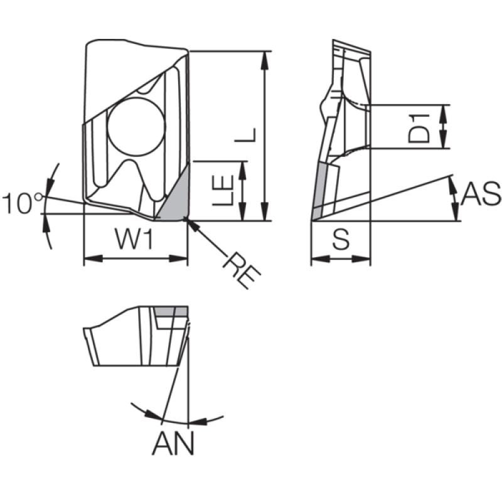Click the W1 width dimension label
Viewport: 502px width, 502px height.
[x=134, y=239]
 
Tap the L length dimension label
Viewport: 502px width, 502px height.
[x=245, y=135]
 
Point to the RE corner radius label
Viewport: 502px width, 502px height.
[x=242, y=270]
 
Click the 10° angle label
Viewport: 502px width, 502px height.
[x=23, y=203]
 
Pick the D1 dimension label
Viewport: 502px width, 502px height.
[x=419, y=128]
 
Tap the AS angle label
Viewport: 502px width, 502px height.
[x=481, y=194]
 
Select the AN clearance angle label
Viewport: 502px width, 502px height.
[x=173, y=444]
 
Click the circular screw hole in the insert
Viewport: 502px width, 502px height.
[x=136, y=127]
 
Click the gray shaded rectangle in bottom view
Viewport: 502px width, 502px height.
[x=171, y=311]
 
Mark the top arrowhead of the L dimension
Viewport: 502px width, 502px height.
[x=264, y=60]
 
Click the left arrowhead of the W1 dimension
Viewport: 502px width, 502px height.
[x=93, y=259]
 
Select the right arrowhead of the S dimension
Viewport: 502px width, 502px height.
[x=361, y=259]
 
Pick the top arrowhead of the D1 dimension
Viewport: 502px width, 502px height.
[x=444, y=113]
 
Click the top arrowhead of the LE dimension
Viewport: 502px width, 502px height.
[x=243, y=170]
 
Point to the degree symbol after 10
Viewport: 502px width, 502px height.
[x=39, y=196]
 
